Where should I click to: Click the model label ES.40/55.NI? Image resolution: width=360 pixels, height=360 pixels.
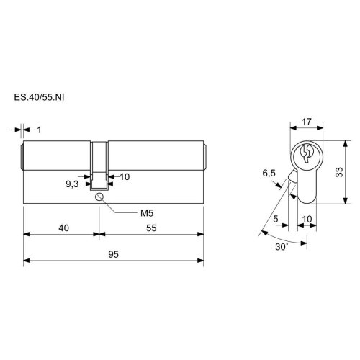pos(39,97)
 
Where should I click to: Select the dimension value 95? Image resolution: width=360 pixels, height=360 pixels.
pos(113,254)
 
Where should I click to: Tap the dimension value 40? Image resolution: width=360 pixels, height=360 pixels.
pos(63,228)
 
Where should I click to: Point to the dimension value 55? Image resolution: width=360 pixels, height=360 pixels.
pos(151,228)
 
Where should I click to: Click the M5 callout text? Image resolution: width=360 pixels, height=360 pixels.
pos(147,213)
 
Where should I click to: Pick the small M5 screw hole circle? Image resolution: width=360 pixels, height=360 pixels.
pos(99,197)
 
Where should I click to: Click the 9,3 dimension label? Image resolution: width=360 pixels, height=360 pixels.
pos(72,184)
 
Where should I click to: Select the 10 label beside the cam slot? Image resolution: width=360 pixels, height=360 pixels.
pos(125,177)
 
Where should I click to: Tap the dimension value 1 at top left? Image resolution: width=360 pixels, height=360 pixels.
pos(39,130)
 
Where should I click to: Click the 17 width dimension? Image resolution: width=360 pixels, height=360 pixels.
pos(307,122)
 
